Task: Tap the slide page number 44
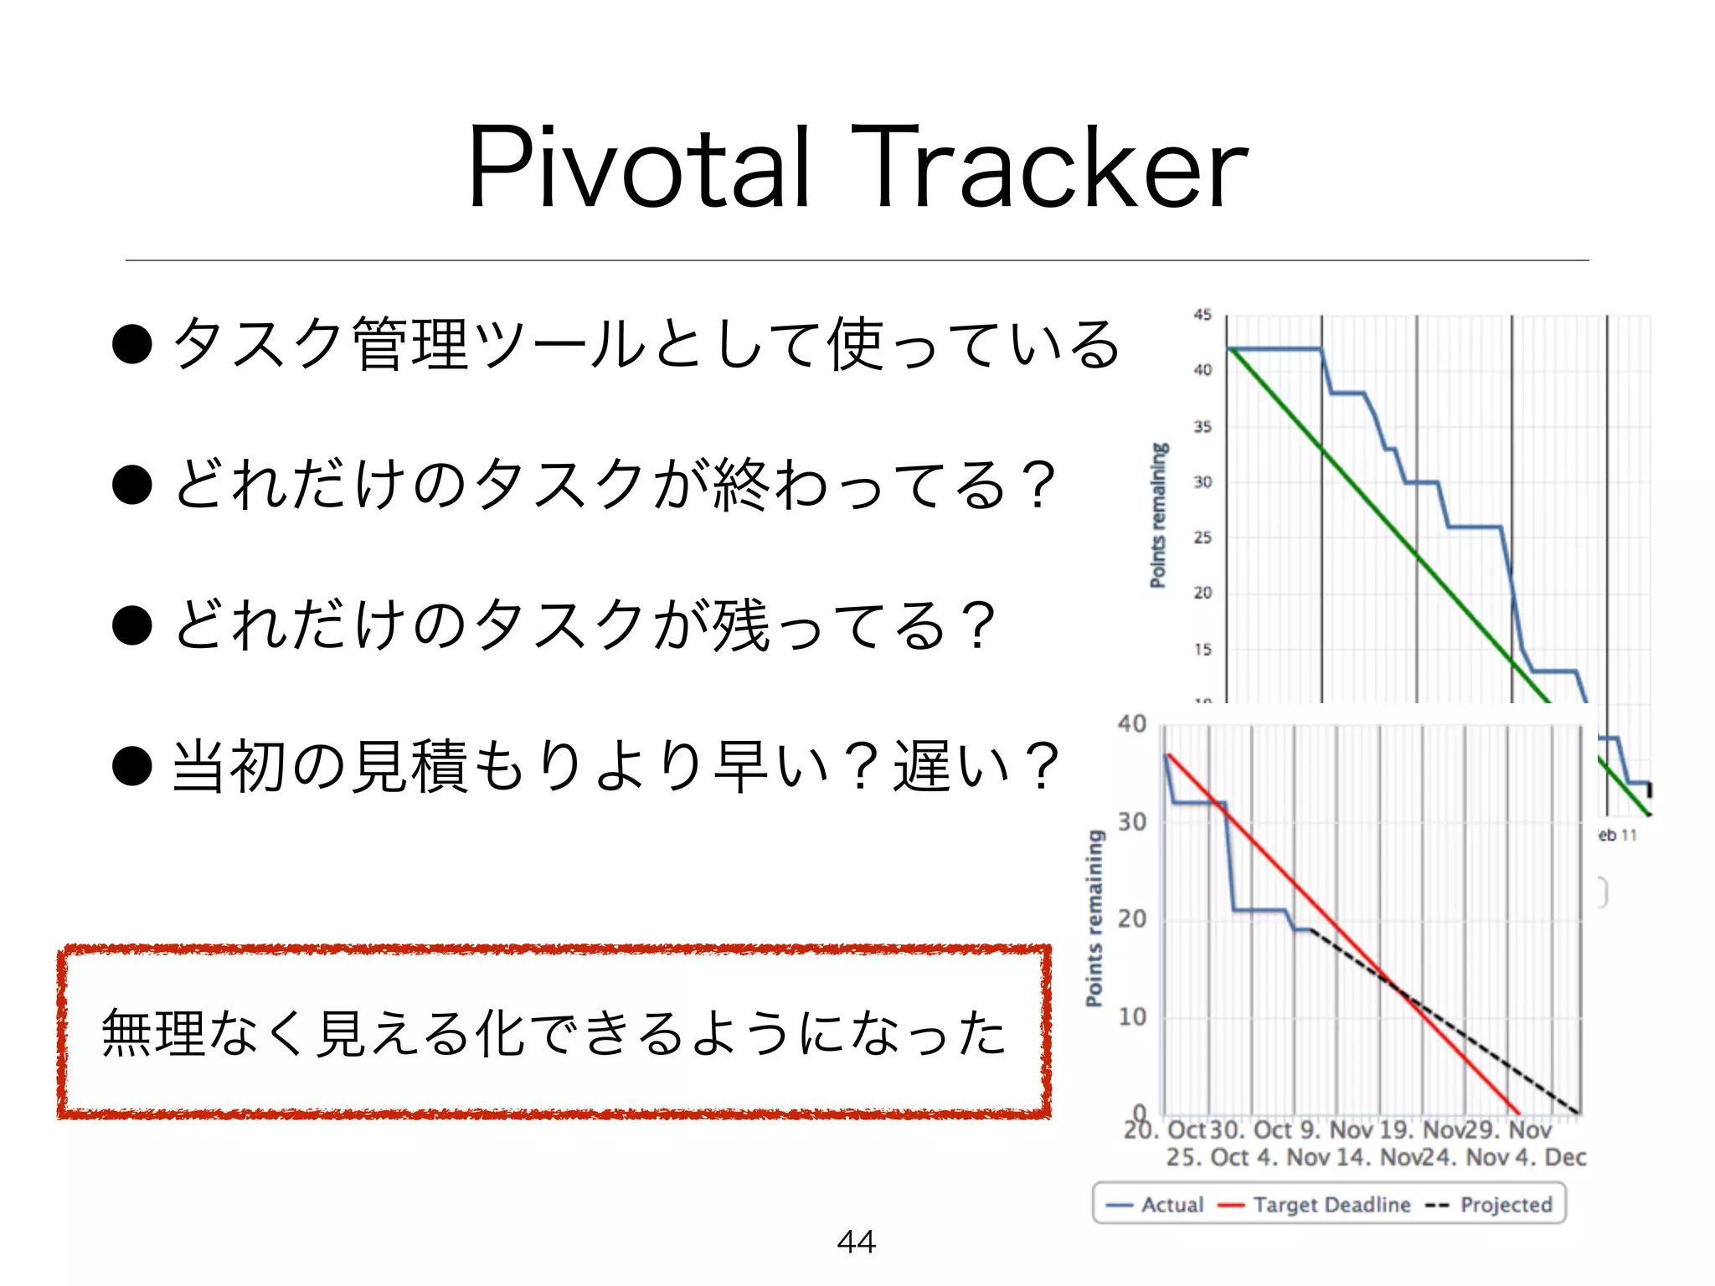pos(856,1242)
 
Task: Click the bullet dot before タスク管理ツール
pos(132,344)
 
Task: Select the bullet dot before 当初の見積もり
pos(132,766)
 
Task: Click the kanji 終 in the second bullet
pos(740,485)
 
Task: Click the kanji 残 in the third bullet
pos(740,625)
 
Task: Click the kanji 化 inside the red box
pos(500,1033)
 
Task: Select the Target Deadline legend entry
pos(1316,1205)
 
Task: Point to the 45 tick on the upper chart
pos(1203,315)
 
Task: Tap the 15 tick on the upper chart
pos(1203,649)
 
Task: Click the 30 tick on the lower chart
pos(1132,822)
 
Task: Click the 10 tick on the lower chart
pos(1132,1017)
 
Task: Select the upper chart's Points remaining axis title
pos(1158,515)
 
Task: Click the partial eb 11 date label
pos(1617,835)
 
